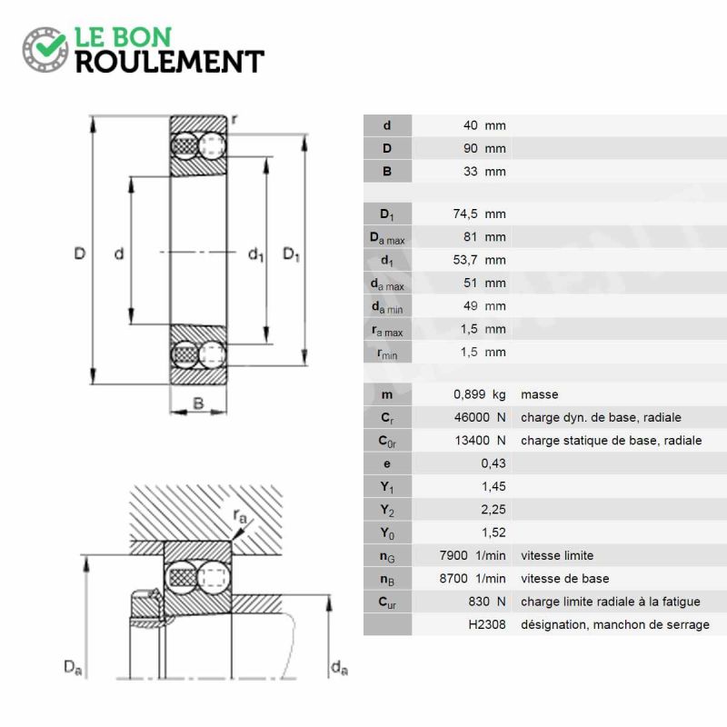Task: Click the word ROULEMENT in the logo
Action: pos(170,62)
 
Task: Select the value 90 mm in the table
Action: pos(484,148)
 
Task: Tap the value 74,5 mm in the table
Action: pos(480,214)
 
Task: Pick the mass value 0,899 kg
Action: pos(480,394)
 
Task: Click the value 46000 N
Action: pos(480,417)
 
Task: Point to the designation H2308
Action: pos(487,624)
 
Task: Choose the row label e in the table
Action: pos(387,464)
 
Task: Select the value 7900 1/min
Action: pos(473,555)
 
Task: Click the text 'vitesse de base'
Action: pos(564,579)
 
